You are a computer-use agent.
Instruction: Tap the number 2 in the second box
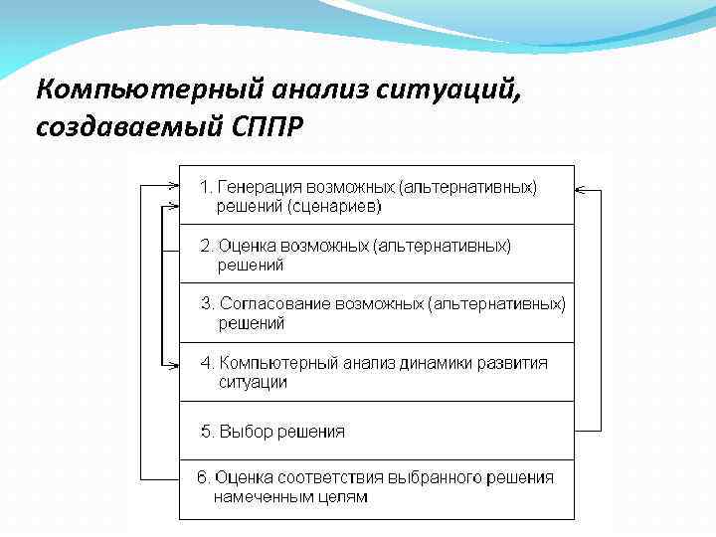click(x=204, y=246)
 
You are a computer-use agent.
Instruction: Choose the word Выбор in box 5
click(x=240, y=432)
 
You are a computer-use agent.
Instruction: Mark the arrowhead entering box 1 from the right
click(x=581, y=188)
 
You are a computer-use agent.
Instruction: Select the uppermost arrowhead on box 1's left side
click(x=173, y=185)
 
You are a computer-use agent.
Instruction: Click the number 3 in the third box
click(x=204, y=304)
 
